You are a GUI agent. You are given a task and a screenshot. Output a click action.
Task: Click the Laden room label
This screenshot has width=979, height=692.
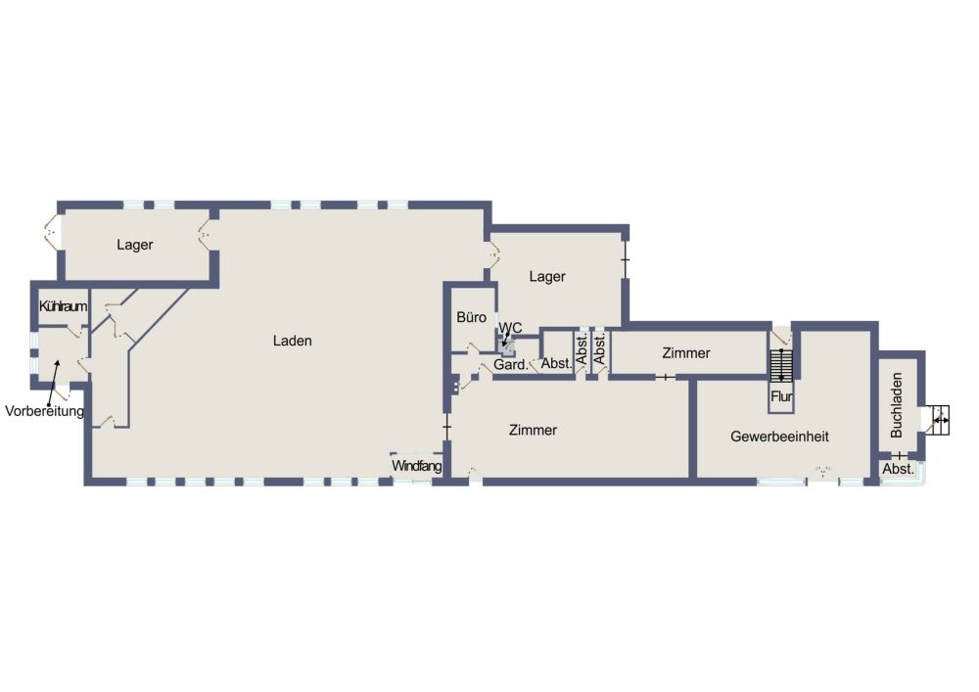(292, 341)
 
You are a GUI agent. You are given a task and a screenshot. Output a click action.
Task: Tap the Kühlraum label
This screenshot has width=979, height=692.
(63, 306)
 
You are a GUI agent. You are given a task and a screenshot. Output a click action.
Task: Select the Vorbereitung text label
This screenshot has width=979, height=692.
(44, 411)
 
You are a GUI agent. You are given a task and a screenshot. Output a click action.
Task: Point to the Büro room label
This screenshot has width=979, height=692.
(472, 317)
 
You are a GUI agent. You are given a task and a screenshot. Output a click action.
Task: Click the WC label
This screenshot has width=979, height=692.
(510, 328)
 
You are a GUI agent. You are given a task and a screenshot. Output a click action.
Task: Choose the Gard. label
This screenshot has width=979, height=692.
(511, 364)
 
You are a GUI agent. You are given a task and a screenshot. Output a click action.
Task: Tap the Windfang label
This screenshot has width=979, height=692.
(416, 466)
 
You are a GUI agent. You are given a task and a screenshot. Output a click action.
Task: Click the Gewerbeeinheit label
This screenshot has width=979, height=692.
(780, 437)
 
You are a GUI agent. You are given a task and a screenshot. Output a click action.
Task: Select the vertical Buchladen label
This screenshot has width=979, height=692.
(897, 405)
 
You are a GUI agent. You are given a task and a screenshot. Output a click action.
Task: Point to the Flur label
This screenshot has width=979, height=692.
(781, 396)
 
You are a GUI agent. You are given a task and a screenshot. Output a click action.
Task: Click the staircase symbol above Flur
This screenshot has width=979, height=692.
(781, 366)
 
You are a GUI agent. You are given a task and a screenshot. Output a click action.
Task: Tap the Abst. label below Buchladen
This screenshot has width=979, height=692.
(898, 469)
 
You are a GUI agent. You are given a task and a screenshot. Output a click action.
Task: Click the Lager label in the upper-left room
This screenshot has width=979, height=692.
(135, 245)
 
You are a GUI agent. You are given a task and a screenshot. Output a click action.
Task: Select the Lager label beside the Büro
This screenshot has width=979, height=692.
(547, 276)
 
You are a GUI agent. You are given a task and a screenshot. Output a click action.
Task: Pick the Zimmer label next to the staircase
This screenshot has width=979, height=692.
(686, 353)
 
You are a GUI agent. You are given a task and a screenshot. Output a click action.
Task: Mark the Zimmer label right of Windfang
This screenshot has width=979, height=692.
(534, 430)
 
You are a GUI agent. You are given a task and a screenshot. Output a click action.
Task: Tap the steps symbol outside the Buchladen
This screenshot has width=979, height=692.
(940, 421)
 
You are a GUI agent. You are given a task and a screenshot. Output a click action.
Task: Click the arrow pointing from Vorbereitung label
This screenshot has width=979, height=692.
(54, 381)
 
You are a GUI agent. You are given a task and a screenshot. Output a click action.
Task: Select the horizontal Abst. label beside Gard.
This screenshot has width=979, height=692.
(556, 363)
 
